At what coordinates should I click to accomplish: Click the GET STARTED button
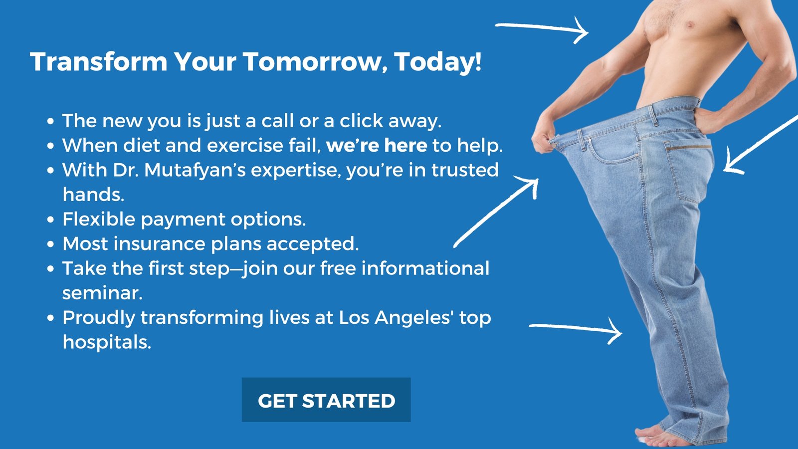pos(326,400)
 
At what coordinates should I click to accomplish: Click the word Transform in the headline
pos(99,62)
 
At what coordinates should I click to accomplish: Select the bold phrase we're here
pos(377,145)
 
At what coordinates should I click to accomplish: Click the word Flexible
pos(99,219)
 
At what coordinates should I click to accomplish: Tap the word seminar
pos(102,293)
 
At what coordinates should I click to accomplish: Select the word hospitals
pos(107,342)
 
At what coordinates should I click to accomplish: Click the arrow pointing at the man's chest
pos(542,29)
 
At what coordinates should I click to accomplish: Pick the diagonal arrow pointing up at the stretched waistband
pos(496,212)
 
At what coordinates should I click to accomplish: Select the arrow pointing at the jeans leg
pos(576,330)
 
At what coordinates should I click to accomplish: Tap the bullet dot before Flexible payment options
pos(50,220)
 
